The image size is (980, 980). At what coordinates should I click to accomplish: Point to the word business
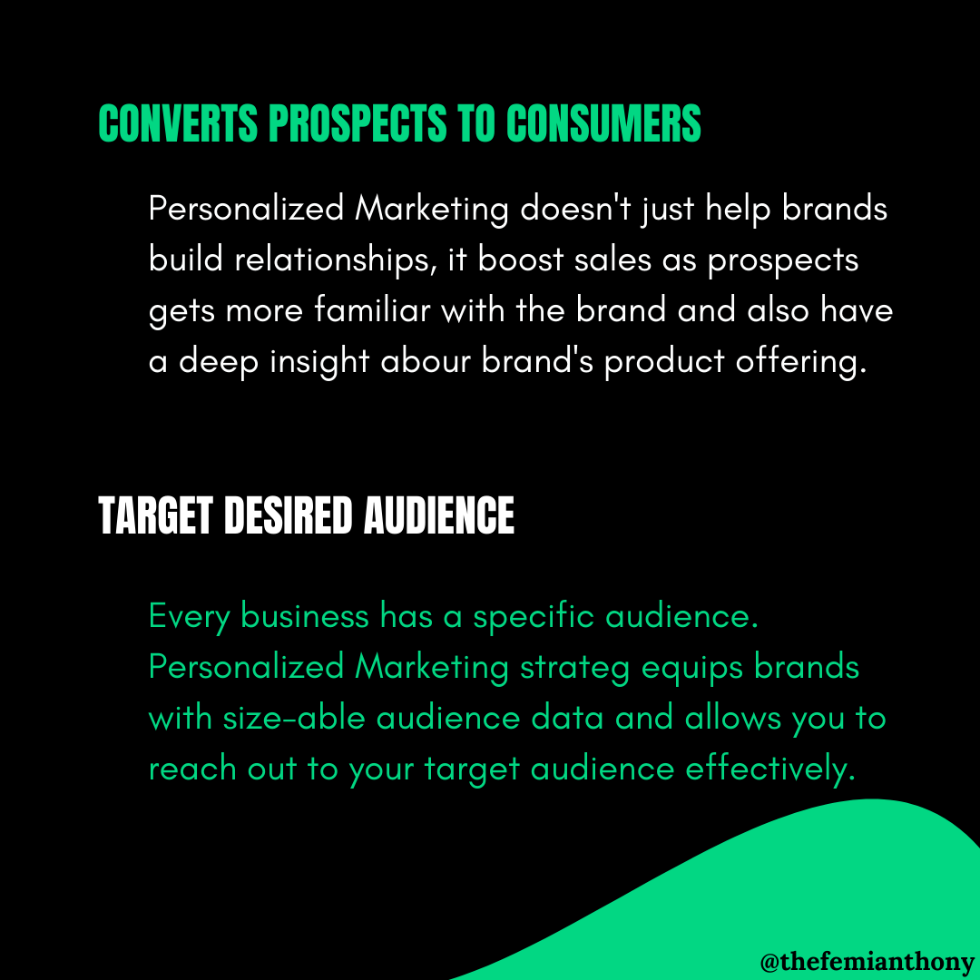click(x=305, y=617)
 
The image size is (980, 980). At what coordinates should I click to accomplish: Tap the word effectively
click(x=770, y=769)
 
